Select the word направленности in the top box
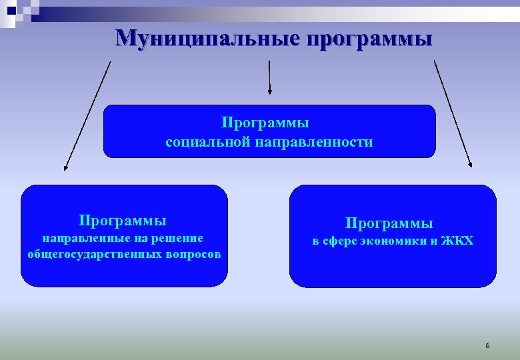coord(313,142)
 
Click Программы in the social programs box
coord(265,123)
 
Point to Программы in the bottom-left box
coord(122,220)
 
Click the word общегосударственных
coord(95,255)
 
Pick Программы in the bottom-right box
coord(389,223)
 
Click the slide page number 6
coord(487,345)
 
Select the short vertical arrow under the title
coord(269,76)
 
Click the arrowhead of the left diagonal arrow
coord(66,168)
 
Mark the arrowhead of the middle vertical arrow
coord(269,91)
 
